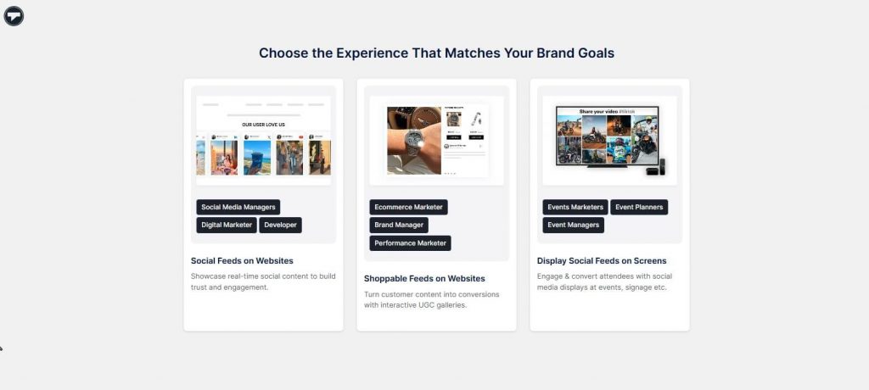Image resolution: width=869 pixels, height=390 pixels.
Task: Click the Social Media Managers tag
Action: point(238,207)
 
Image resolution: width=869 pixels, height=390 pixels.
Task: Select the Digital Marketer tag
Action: point(227,225)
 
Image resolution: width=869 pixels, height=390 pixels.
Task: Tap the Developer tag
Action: point(280,225)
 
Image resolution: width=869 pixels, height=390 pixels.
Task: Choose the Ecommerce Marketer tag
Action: point(408,207)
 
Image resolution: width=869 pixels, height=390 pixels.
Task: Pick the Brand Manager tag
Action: point(399,225)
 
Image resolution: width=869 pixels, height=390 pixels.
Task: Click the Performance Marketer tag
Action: point(410,243)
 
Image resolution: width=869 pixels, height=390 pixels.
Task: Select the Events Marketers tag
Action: point(575,207)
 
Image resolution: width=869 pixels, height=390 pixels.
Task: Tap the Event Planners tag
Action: point(639,207)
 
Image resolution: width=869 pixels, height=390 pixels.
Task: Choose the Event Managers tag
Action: point(574,225)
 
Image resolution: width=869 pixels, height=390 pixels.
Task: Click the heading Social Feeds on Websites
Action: point(242,261)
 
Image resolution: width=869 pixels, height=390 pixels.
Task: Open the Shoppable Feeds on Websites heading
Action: point(424,278)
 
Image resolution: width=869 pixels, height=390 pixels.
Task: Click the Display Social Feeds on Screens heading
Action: point(602,261)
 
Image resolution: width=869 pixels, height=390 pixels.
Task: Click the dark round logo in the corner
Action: point(14,15)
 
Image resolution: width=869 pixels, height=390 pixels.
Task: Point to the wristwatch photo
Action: point(413,140)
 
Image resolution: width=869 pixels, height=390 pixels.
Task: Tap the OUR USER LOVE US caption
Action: point(263,125)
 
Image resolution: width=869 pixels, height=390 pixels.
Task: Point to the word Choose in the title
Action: point(283,53)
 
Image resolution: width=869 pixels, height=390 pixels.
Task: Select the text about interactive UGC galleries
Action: point(416,305)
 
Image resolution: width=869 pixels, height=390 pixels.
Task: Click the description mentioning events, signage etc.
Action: point(602,287)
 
